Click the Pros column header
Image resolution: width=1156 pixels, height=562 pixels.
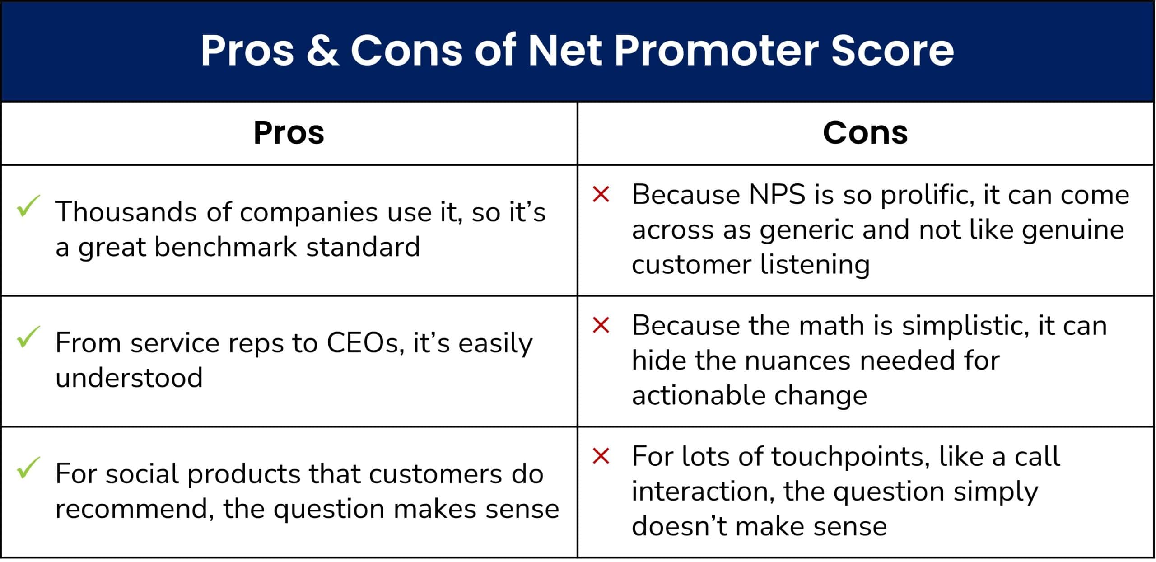(289, 133)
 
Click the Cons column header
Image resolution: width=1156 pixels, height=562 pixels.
(865, 133)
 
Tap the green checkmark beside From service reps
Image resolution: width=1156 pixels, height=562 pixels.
(28, 337)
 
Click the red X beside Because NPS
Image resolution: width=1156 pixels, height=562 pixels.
(601, 195)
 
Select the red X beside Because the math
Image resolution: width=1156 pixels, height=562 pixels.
(601, 325)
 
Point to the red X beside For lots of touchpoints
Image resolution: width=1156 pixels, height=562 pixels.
(601, 456)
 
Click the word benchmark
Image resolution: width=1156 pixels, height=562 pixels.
(226, 247)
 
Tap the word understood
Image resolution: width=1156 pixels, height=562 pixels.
(129, 378)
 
